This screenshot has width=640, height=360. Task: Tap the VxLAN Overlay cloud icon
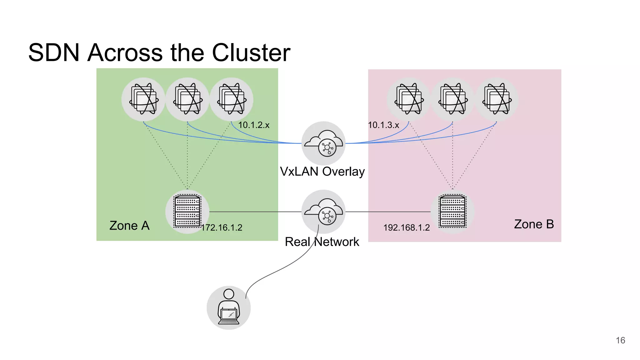pyautogui.click(x=323, y=143)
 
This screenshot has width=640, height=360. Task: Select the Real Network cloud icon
pyautogui.click(x=323, y=212)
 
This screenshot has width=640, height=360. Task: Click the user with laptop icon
pyautogui.click(x=229, y=307)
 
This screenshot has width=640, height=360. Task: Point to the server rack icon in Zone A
pyautogui.click(x=187, y=212)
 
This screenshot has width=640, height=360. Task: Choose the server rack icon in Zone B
pyautogui.click(x=452, y=212)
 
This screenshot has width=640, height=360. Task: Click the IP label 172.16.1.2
pyautogui.click(x=222, y=227)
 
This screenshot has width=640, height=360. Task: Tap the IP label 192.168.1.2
pyautogui.click(x=406, y=227)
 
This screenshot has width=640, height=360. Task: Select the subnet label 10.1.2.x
pyautogui.click(x=253, y=125)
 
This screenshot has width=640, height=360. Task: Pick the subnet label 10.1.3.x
pyautogui.click(x=383, y=125)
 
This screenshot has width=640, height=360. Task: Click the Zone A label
pyautogui.click(x=129, y=225)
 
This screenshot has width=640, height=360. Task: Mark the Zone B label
pyautogui.click(x=534, y=224)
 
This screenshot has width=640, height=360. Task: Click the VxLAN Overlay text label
pyautogui.click(x=322, y=172)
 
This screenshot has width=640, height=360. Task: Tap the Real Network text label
pyautogui.click(x=322, y=242)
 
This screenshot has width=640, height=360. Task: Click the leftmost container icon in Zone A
pyautogui.click(x=143, y=99)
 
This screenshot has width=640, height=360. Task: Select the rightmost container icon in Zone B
pyautogui.click(x=497, y=99)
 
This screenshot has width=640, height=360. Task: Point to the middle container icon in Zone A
pyautogui.click(x=187, y=99)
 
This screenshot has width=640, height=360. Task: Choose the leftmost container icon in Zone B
pyautogui.click(x=409, y=99)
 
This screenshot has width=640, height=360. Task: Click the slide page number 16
pyautogui.click(x=620, y=340)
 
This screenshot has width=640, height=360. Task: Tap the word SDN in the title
pyautogui.click(x=54, y=52)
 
